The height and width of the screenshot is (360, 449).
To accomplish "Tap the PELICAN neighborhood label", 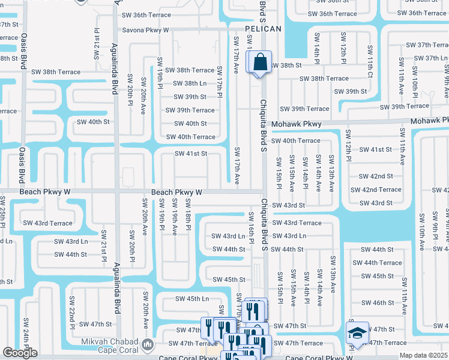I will coord(263,29).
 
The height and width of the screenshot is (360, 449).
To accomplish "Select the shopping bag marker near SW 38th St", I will coord(261,62).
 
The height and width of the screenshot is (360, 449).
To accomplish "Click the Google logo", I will coord(19,353).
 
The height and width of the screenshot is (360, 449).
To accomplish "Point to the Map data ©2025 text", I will coord(423,355).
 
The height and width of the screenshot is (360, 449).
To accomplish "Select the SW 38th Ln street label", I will coord(190,83).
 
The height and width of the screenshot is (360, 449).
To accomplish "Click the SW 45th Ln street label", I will coord(192,299).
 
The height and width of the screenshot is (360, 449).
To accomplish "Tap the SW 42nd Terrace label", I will coord(376,190).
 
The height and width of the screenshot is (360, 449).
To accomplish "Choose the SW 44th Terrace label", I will coord(377,263).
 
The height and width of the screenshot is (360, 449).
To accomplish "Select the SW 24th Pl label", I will coord(26,333).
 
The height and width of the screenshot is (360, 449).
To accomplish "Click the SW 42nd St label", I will coord(376,176).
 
